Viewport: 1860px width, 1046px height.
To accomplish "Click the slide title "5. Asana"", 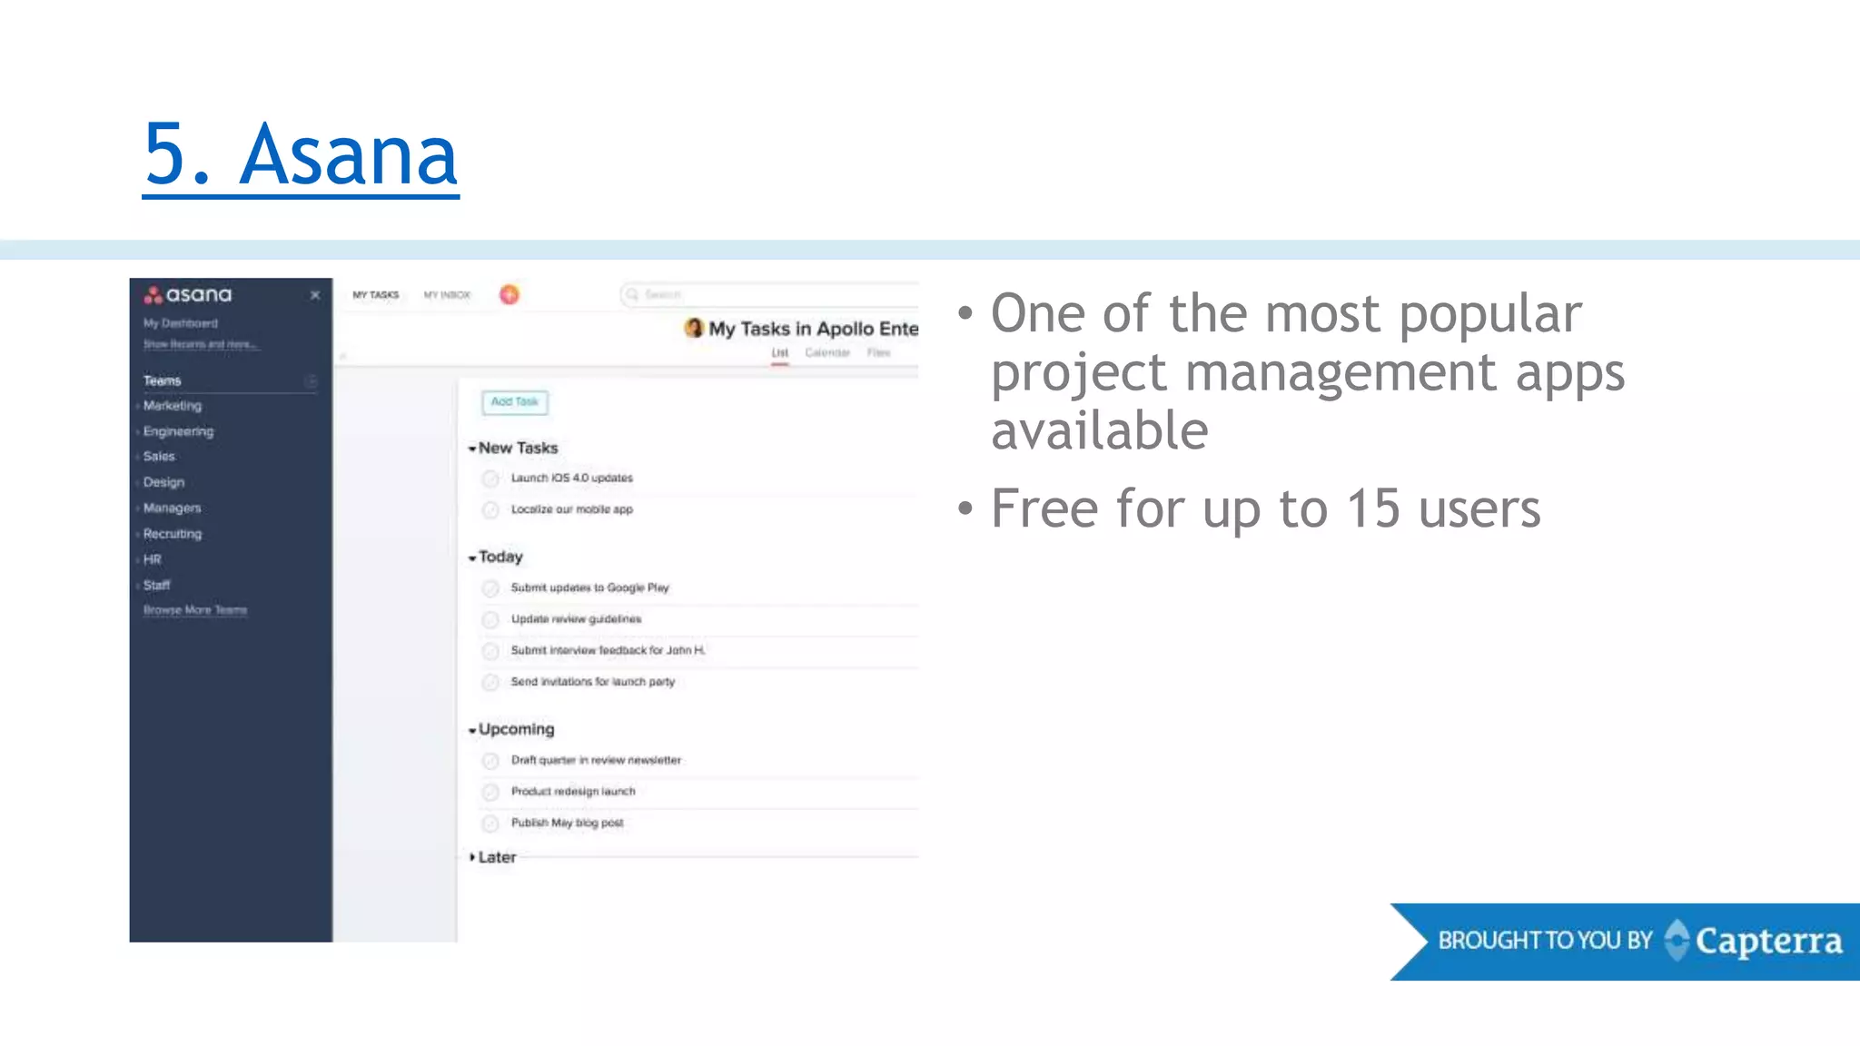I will pos(301,155).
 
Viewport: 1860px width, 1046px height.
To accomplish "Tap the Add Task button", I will pos(515,401).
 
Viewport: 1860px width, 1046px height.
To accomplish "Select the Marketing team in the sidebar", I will pos(173,406).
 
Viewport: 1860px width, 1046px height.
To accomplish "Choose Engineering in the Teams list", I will pos(178,431).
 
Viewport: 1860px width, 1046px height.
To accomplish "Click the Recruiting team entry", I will pos(173,534).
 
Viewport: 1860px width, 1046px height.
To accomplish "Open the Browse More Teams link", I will pos(195,610).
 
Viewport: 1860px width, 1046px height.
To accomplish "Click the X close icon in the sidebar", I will pos(315,295).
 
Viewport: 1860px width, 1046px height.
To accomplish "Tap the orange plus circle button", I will pos(510,294).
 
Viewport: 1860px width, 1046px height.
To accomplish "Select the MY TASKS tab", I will pos(376,295).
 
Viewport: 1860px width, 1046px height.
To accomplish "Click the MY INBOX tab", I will pos(447,295).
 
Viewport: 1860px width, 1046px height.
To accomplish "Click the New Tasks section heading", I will pos(518,448).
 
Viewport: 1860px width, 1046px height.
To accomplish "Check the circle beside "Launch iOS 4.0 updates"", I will pos(490,479).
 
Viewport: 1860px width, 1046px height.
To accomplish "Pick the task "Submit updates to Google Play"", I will pos(589,587).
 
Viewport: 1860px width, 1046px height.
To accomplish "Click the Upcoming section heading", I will pos(516,729).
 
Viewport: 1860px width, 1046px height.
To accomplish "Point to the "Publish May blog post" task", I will pos(567,823).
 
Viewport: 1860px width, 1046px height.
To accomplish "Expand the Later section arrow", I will pos(472,857).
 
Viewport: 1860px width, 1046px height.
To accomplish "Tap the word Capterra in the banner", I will pos(1768,942).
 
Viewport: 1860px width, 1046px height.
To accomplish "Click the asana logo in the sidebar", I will pos(188,295).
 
